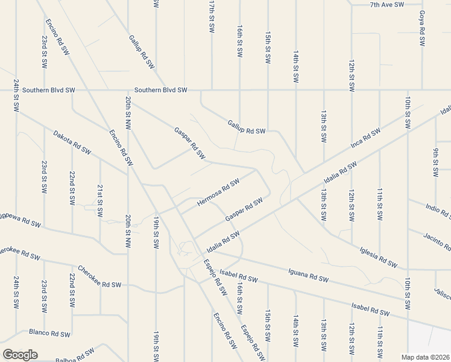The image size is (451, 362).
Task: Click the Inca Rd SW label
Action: click(365, 139)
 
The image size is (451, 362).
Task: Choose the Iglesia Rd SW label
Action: click(379, 256)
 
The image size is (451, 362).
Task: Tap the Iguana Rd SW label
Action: click(308, 277)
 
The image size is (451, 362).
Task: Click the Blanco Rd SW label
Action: click(49, 333)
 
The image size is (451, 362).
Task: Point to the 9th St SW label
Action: click(436, 162)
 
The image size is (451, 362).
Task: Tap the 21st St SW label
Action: click(100, 200)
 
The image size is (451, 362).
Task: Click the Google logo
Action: click(20, 355)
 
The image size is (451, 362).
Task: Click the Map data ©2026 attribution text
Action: click(425, 357)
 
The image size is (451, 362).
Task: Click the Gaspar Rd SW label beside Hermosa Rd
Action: click(244, 209)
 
